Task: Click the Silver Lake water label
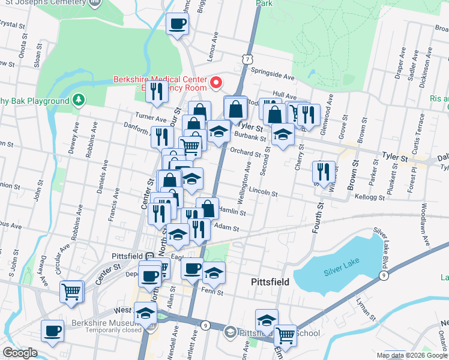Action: coord(341,271)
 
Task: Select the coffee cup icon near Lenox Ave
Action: coord(177,24)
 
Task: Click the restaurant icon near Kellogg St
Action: coord(323,172)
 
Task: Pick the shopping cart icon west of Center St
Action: coord(71,292)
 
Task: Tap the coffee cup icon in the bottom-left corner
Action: coord(52,331)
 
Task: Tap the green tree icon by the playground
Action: coord(77,100)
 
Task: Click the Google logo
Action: coord(19,353)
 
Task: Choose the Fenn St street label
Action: coord(212,293)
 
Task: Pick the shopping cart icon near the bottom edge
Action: coord(285,335)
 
